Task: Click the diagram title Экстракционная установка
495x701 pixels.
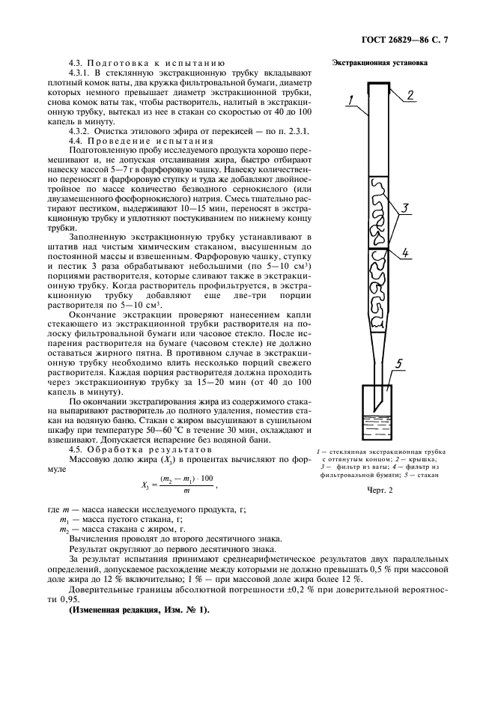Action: (380, 64)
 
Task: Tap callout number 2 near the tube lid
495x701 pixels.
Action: (410, 95)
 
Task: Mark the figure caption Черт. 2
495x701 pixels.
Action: (380, 490)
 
